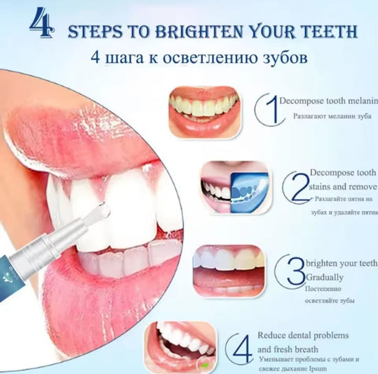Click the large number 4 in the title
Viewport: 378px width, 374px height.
tap(42, 23)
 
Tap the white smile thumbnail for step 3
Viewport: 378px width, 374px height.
tap(228, 270)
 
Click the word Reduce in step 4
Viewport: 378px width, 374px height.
tap(272, 334)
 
